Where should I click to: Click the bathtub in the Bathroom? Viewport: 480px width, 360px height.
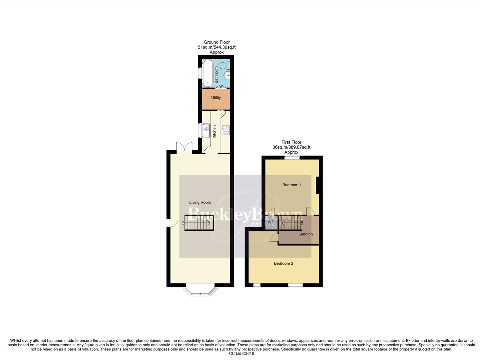pyautogui.click(x=207, y=72)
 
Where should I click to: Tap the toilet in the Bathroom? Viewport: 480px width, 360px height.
pyautogui.click(x=227, y=64)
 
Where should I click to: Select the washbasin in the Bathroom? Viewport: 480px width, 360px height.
pyautogui.click(x=228, y=75)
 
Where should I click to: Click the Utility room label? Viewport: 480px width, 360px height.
pyautogui.click(x=216, y=98)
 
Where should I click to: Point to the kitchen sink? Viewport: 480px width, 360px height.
pyautogui.click(x=207, y=128)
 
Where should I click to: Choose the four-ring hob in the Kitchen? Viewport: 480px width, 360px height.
pyautogui.click(x=226, y=130)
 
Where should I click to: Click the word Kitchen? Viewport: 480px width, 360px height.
pyautogui.click(x=215, y=132)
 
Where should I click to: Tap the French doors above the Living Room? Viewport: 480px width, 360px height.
pyautogui.click(x=184, y=147)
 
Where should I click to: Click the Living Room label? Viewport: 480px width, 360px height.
pyautogui.click(x=200, y=202)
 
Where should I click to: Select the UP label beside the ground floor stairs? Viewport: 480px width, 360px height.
pyautogui.click(x=183, y=223)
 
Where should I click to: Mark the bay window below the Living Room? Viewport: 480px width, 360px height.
pyautogui.click(x=200, y=291)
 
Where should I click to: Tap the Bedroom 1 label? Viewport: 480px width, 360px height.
pyautogui.click(x=292, y=185)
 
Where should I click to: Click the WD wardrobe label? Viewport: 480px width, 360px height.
pyautogui.click(x=271, y=222)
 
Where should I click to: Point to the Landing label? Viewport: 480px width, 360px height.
pyautogui.click(x=305, y=234)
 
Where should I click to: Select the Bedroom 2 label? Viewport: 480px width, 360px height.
pyautogui.click(x=283, y=264)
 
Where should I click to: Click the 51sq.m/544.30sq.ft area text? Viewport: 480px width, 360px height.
pyautogui.click(x=217, y=47)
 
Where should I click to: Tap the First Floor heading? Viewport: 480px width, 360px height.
pyautogui.click(x=291, y=142)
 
